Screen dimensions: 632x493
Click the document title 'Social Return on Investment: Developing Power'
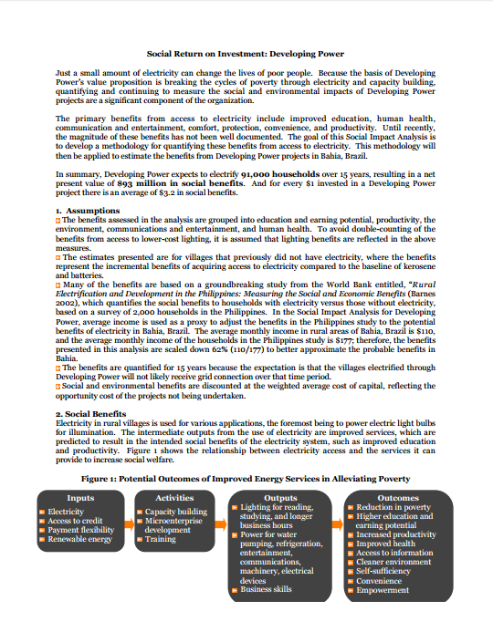coord(246,54)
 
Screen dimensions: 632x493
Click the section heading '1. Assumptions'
coord(88,211)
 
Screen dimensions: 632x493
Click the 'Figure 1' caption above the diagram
coord(246,478)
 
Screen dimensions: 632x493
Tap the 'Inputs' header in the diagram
coord(80,498)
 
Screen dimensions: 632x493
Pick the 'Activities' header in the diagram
coord(173,498)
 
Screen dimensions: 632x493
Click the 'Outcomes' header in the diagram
coord(398,498)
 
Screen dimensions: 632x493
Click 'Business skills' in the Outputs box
coord(267,590)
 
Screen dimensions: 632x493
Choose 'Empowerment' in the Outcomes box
coord(383,590)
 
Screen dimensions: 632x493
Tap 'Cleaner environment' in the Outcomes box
coord(394,563)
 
